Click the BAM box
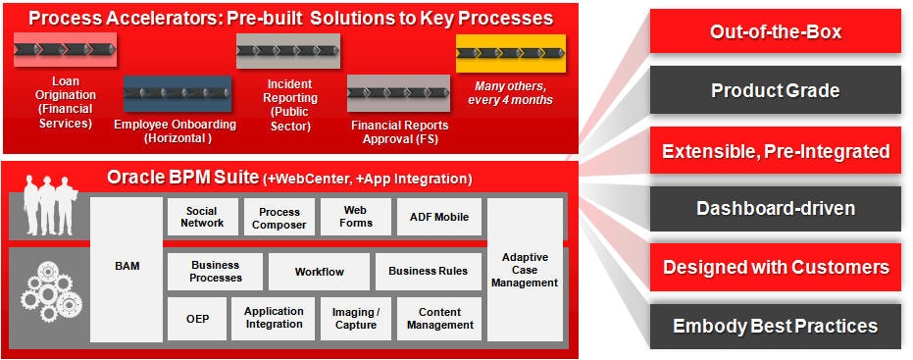(x=127, y=269)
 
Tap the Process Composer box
(x=279, y=217)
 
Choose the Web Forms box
(x=355, y=217)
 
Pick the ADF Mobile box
(x=438, y=217)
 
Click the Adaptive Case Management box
(x=525, y=269)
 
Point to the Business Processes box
(x=216, y=272)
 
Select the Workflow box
(x=319, y=272)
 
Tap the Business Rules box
(x=428, y=272)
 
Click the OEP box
(x=197, y=319)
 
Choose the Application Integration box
(x=273, y=319)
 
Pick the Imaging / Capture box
(x=355, y=319)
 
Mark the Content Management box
(x=439, y=319)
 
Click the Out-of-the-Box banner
(x=775, y=31)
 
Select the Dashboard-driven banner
(x=775, y=208)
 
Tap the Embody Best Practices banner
(x=775, y=326)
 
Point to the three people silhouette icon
(x=48, y=206)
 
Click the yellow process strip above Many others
(x=510, y=53)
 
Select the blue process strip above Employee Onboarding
(x=177, y=93)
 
